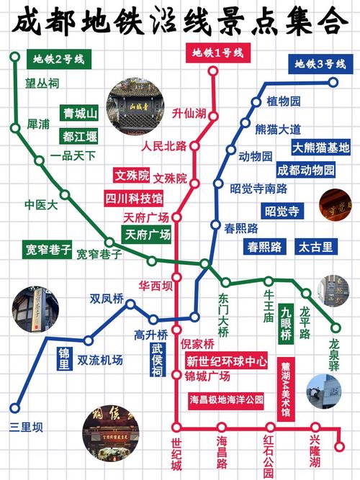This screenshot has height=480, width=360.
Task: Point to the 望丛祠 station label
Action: click(x=42, y=84)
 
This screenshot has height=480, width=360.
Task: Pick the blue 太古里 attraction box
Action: click(x=316, y=247)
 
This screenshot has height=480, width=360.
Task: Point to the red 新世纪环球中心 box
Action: click(x=226, y=361)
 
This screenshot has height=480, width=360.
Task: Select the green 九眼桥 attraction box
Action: click(x=286, y=325)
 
